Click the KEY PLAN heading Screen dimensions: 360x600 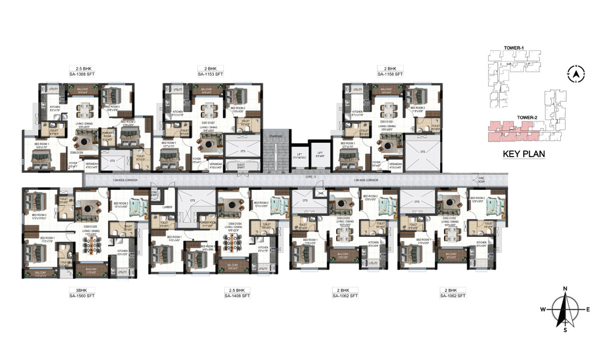(524, 154)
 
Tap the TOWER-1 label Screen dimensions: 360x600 (514, 48)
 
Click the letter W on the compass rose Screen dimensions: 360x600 (543, 309)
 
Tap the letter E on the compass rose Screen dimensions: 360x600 (588, 309)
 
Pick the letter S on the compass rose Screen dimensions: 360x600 (566, 329)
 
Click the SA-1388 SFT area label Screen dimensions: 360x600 (82, 74)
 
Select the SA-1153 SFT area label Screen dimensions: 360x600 (209, 74)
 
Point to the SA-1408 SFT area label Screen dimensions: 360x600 (237, 296)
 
